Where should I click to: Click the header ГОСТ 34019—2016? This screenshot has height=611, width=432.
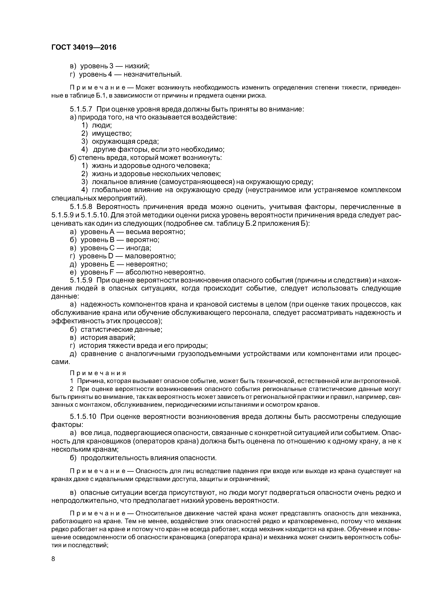pos(84,47)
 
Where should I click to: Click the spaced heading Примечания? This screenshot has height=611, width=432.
pos(98,373)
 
